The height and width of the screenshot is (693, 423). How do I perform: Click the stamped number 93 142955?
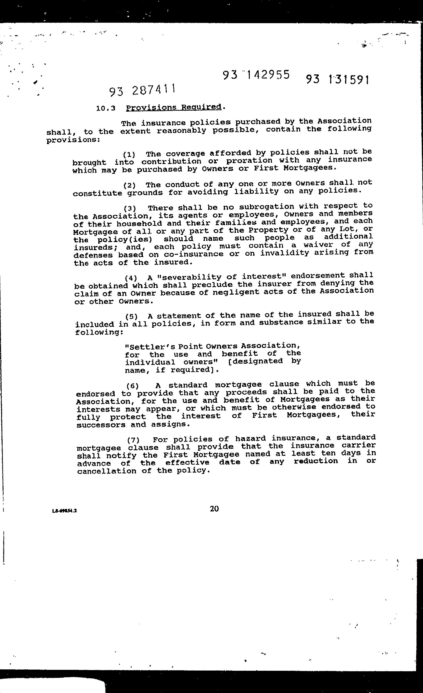click(x=256, y=75)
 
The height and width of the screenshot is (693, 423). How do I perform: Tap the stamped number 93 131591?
click(x=337, y=80)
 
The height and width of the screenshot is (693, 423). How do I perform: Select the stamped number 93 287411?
click(x=142, y=91)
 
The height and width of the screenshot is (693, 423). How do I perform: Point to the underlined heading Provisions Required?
click(x=174, y=107)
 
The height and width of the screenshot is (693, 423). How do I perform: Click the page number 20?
click(x=214, y=508)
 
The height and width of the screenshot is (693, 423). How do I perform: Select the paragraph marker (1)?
click(x=129, y=155)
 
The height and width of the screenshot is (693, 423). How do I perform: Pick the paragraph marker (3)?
click(x=130, y=208)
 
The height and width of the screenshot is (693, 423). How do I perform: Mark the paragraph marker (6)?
click(x=132, y=386)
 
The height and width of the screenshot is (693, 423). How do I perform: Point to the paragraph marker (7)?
click(x=133, y=440)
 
